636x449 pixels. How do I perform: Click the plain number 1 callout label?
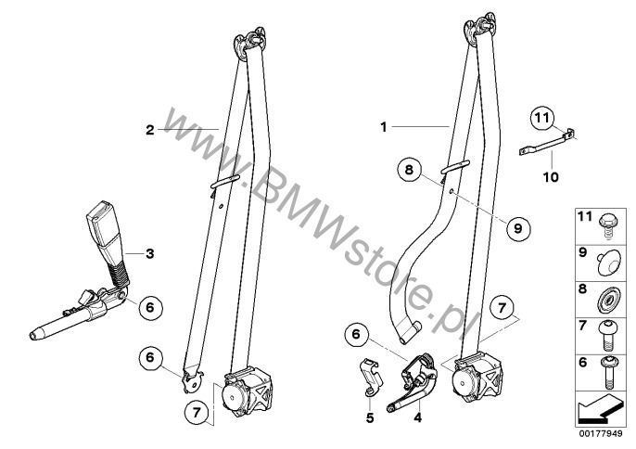click(384, 127)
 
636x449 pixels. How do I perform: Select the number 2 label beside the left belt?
click(150, 130)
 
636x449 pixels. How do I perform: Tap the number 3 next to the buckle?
click(150, 254)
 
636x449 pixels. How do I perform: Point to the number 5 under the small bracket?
click(370, 417)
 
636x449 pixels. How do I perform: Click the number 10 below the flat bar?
click(551, 177)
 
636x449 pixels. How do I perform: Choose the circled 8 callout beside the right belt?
click(409, 169)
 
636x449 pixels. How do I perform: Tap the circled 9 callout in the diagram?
click(518, 228)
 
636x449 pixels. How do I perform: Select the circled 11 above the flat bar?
click(542, 118)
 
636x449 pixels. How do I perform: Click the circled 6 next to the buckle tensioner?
click(150, 307)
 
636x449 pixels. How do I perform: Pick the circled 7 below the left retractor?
click(197, 413)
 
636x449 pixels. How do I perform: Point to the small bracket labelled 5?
click(371, 378)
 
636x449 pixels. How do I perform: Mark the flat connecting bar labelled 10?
click(547, 142)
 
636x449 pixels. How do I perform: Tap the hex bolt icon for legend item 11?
click(607, 225)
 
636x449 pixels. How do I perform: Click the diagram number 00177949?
click(601, 433)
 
